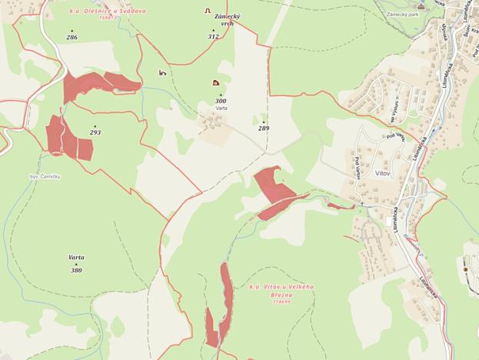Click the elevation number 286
[x=72, y=37]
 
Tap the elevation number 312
[x=213, y=36]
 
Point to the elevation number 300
[x=221, y=101]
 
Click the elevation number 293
[x=95, y=132]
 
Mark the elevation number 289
[x=264, y=128]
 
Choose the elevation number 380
[x=76, y=271]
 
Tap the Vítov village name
[x=384, y=174]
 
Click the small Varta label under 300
[x=221, y=108]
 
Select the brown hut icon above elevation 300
[x=215, y=82]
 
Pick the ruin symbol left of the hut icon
[x=162, y=72]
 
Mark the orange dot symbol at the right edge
[x=465, y=269]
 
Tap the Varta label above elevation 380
[x=76, y=257]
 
